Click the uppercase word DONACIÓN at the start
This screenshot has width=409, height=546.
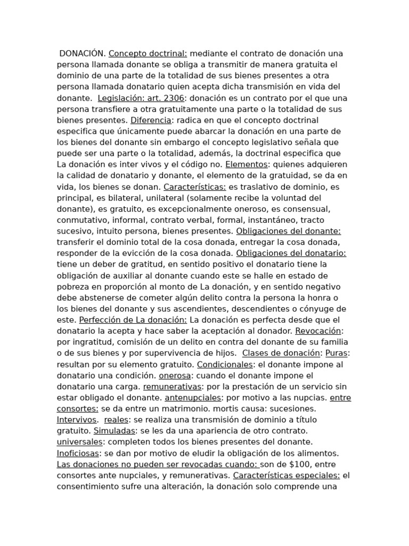pyautogui.click(x=83, y=53)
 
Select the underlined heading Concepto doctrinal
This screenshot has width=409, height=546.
pyautogui.click(x=148, y=53)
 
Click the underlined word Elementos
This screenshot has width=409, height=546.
pyautogui.click(x=246, y=164)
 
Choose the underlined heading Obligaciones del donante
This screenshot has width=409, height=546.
pyautogui.click(x=288, y=231)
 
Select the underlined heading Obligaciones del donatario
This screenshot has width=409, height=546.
pyautogui.click(x=291, y=253)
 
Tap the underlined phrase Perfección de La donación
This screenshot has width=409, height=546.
pyautogui.click(x=133, y=320)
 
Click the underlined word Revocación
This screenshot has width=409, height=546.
pyautogui.click(x=318, y=331)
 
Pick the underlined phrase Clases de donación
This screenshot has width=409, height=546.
pyautogui.click(x=281, y=353)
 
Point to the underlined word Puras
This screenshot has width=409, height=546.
pyautogui.click(x=337, y=353)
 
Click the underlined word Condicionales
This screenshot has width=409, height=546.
pyautogui.click(x=225, y=364)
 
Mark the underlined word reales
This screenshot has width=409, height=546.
pyautogui.click(x=116, y=420)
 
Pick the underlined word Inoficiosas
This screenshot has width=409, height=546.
pyautogui.click(x=78, y=453)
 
